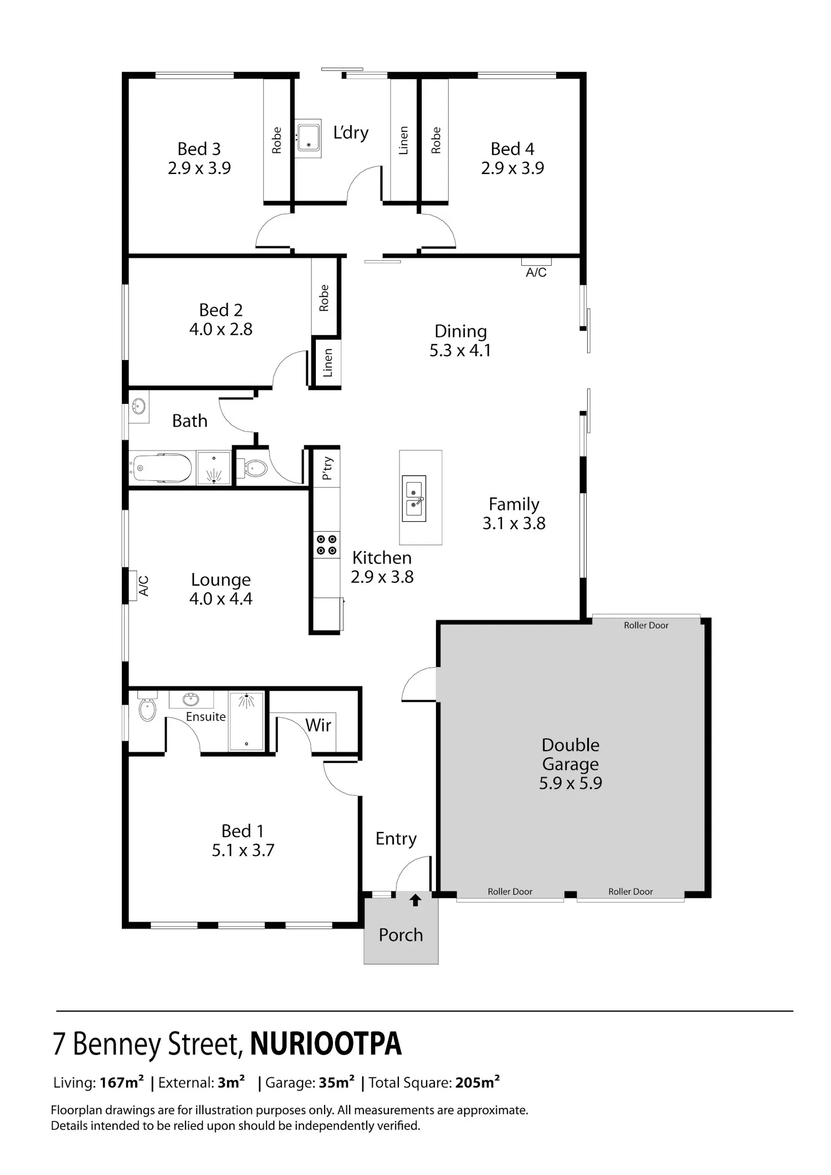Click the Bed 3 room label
[x=199, y=149]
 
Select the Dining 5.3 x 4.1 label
[x=460, y=341]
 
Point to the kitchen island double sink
[x=414, y=499]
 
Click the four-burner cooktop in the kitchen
[x=326, y=544]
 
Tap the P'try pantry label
[x=327, y=468]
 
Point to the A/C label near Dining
[x=536, y=273]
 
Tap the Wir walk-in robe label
[x=318, y=725]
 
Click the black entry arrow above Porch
[x=415, y=900]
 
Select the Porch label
[x=401, y=935]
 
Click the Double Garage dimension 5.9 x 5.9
[x=571, y=783]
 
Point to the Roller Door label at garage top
[x=646, y=625]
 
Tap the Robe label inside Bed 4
[x=436, y=140]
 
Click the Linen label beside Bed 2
[x=327, y=363]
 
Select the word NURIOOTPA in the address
[x=326, y=1044]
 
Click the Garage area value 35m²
[x=337, y=1082]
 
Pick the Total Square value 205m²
[x=478, y=1082]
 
